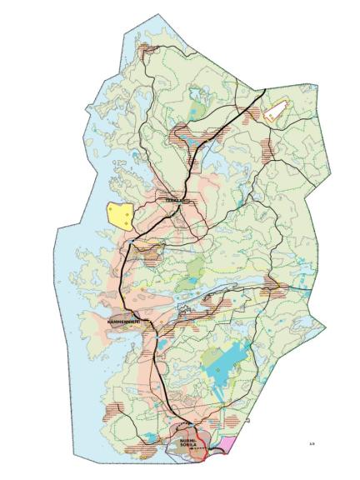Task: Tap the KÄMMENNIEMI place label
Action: pyautogui.click(x=126, y=321)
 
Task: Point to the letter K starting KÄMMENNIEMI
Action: pyautogui.click(x=109, y=321)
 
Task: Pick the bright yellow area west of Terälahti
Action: pyautogui.click(x=120, y=215)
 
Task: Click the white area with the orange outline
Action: pyautogui.click(x=277, y=111)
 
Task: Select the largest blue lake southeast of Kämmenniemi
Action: pyautogui.click(x=232, y=360)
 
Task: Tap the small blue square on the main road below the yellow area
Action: pyautogui.click(x=131, y=241)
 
